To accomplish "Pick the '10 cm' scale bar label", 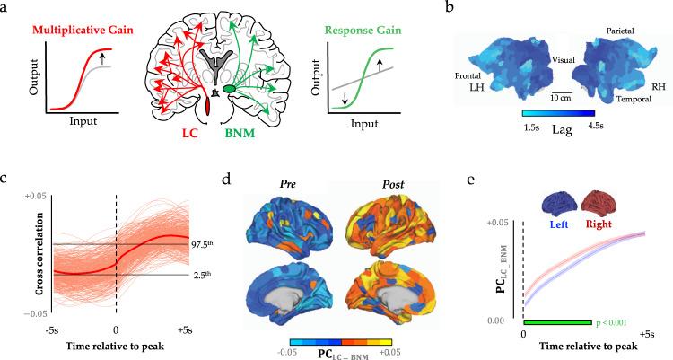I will [536, 97].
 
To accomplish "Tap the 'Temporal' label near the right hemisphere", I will [629, 101].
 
